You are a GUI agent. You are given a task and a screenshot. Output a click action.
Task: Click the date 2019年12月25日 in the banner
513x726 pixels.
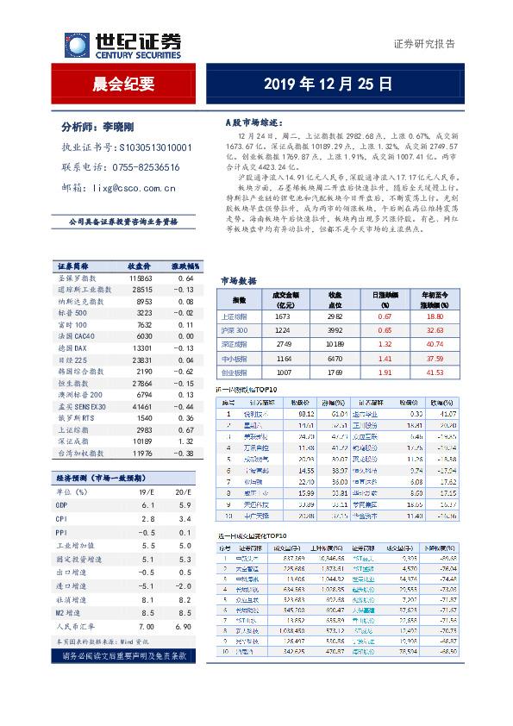328,84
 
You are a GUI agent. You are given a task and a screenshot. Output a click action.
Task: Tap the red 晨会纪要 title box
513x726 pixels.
123,84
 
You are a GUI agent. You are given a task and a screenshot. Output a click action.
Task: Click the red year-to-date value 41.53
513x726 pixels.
435,372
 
